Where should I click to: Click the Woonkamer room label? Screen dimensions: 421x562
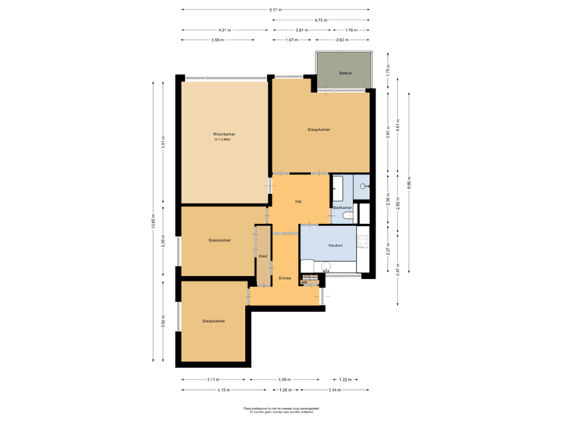click(x=224, y=135)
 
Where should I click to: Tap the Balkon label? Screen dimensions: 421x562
click(x=344, y=73)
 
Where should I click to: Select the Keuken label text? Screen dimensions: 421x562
click(x=336, y=246)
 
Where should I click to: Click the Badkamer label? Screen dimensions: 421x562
click(x=342, y=208)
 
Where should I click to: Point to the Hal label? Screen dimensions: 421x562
click(x=298, y=202)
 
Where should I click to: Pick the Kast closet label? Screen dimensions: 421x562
click(x=263, y=255)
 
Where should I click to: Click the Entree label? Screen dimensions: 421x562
click(x=284, y=278)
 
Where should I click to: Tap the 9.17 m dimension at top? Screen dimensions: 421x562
click(x=275, y=10)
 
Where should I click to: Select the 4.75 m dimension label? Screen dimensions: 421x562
click(x=320, y=19)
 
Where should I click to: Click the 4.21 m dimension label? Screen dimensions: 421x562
click(x=224, y=30)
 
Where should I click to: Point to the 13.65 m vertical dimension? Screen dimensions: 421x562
click(x=154, y=222)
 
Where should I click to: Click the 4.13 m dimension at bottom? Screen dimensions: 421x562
click(x=223, y=389)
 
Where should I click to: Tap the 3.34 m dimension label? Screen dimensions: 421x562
click(x=333, y=389)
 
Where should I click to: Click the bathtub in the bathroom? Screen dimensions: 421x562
click(x=338, y=187)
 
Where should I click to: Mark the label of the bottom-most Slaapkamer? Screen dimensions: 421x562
click(x=214, y=320)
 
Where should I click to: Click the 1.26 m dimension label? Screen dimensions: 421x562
click(x=285, y=389)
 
